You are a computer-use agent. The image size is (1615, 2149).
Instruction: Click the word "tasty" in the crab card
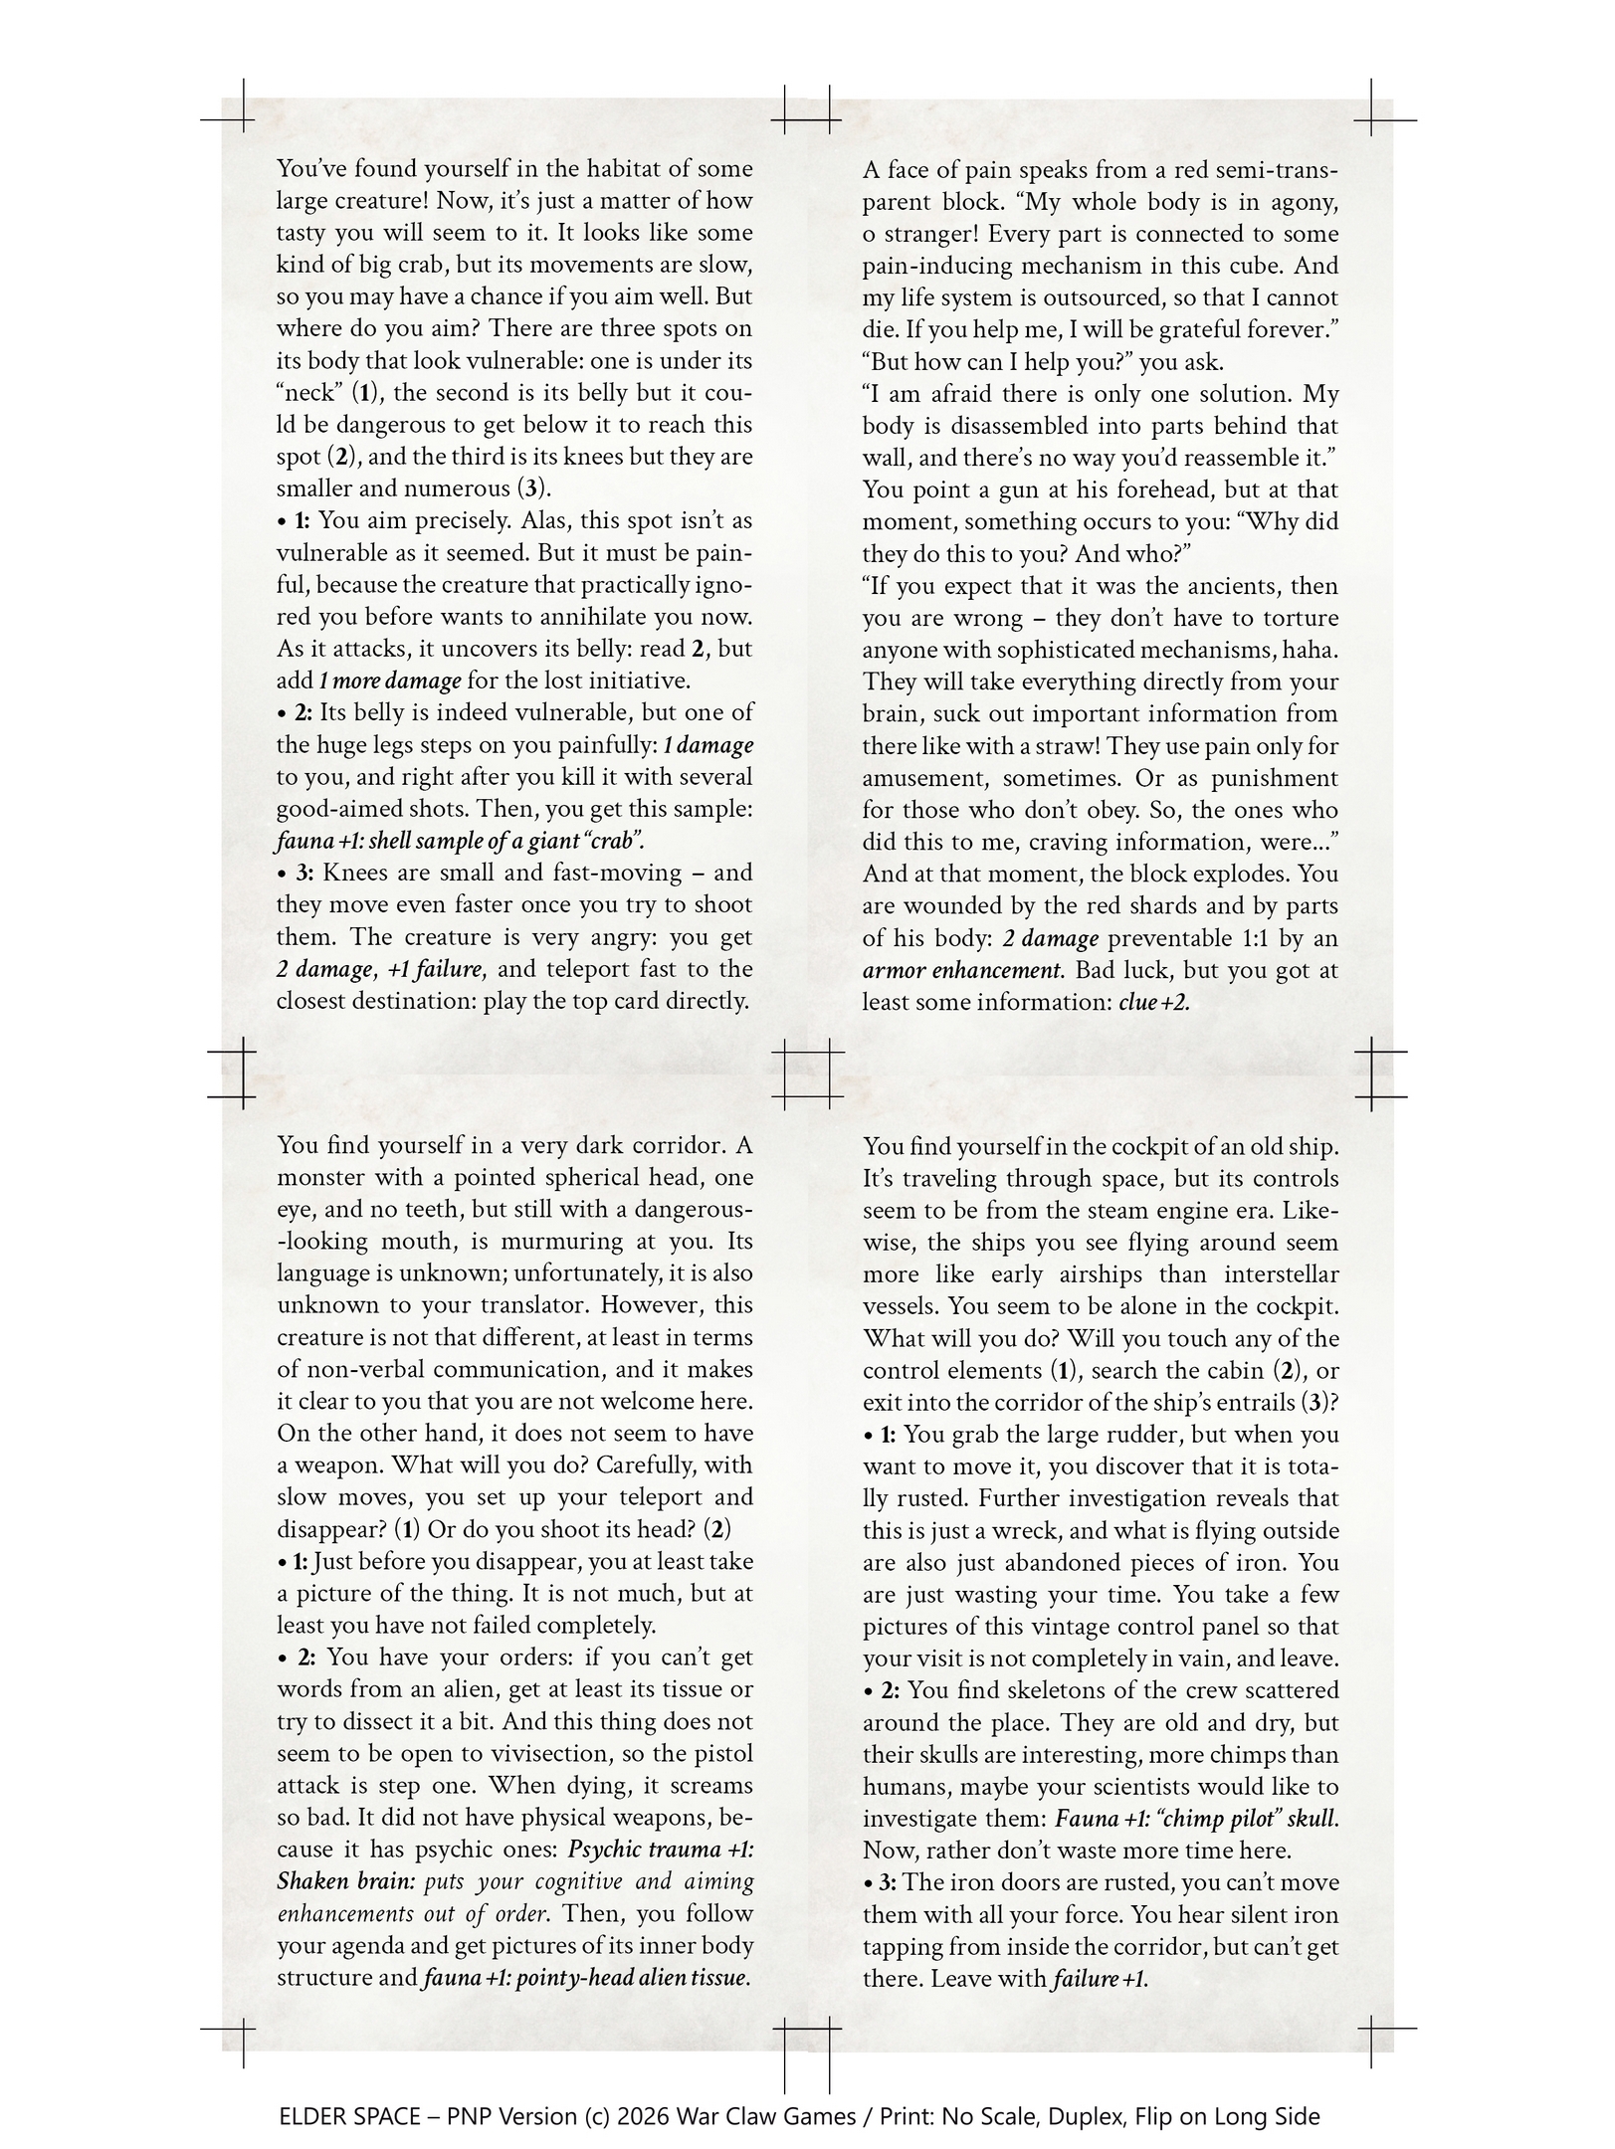click(x=302, y=233)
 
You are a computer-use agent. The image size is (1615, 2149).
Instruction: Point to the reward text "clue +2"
click(x=1154, y=1002)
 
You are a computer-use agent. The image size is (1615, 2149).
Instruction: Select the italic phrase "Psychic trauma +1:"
click(x=661, y=1850)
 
